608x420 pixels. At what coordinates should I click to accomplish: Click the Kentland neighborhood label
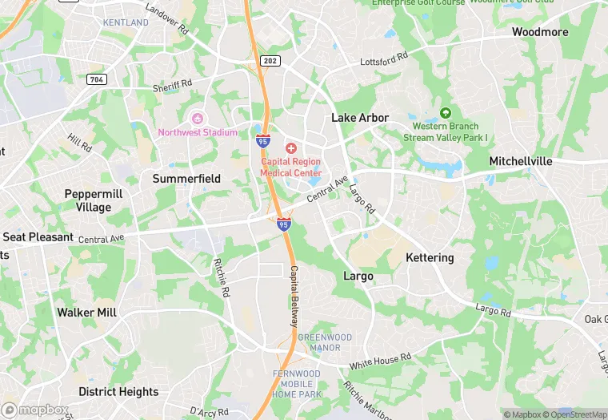point(126,22)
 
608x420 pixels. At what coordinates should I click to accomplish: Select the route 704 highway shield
point(97,79)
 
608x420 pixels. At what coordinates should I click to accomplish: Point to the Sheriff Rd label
point(173,84)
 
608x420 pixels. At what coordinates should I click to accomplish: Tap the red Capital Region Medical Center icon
point(290,148)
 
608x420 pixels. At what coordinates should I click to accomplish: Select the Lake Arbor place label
point(360,118)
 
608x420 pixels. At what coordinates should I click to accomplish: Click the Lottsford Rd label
point(384,60)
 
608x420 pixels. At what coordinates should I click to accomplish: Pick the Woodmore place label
point(540,32)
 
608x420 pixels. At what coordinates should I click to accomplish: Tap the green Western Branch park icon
point(446,113)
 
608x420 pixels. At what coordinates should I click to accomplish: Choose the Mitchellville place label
point(521,161)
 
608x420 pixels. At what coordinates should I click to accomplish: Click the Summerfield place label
point(186,179)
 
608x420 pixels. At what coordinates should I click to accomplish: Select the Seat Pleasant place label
point(38,237)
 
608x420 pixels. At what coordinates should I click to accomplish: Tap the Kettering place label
point(430,258)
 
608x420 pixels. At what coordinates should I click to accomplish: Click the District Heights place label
point(118,392)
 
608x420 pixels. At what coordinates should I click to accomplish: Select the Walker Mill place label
point(86,313)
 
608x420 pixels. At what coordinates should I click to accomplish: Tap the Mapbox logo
point(35,410)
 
